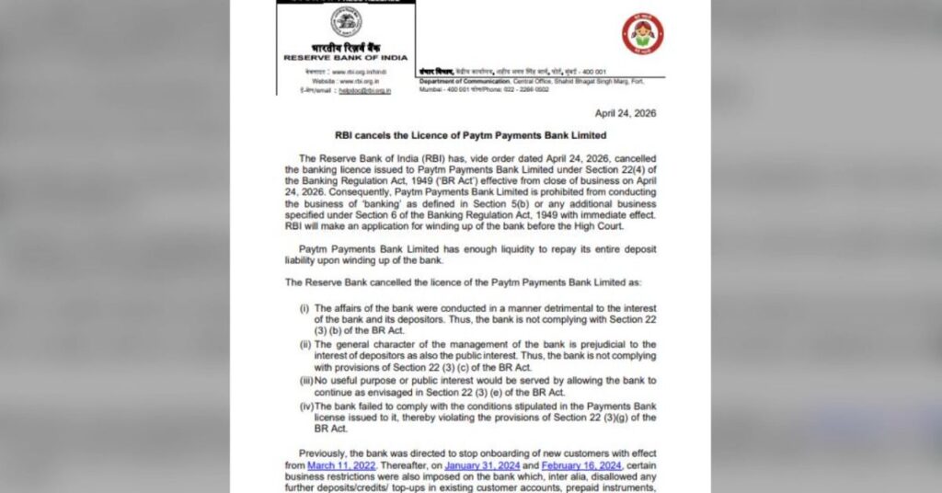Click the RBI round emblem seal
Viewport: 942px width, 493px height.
(x=346, y=21)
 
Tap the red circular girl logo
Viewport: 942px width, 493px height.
(x=642, y=34)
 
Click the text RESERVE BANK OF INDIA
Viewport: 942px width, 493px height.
(x=345, y=57)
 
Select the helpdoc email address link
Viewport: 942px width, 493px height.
(x=364, y=90)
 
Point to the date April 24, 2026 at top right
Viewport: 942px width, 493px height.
(x=626, y=113)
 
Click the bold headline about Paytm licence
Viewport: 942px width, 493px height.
(x=469, y=135)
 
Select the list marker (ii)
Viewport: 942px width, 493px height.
(x=304, y=344)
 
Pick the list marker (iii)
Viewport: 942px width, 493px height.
(x=305, y=380)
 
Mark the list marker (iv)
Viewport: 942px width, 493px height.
(x=305, y=405)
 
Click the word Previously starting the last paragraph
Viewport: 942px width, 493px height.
(x=323, y=453)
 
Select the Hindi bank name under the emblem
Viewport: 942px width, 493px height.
(x=345, y=47)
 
